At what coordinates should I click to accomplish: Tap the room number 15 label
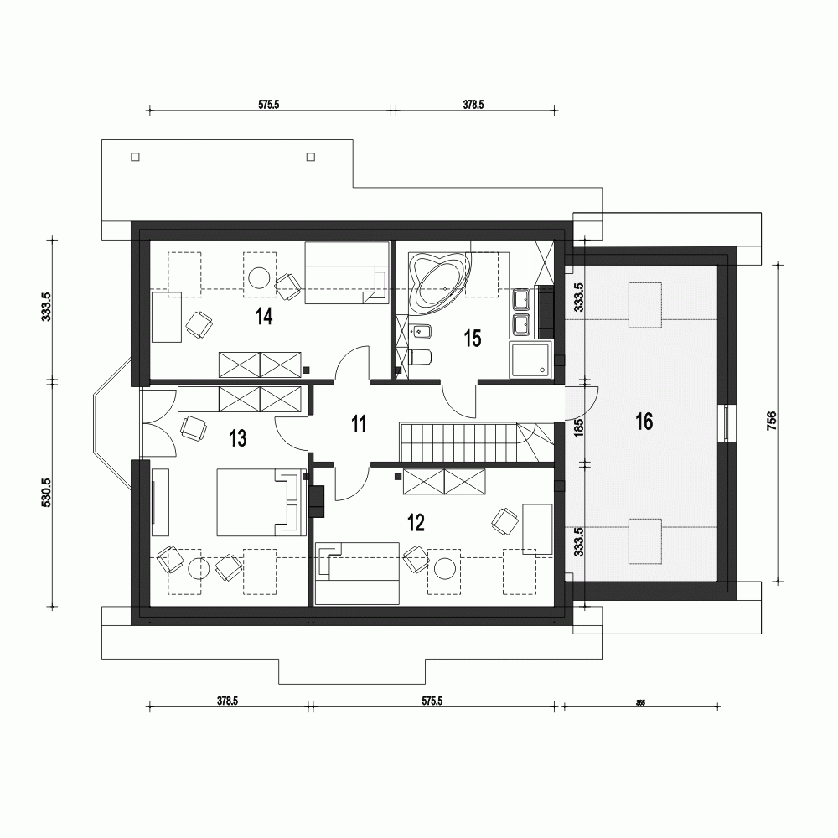tap(472, 339)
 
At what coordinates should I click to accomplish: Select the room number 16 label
tap(644, 422)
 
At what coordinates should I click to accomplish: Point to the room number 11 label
tap(359, 424)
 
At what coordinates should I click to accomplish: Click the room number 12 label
tap(416, 524)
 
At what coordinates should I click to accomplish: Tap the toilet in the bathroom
tap(421, 359)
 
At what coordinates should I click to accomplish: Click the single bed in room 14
tap(346, 273)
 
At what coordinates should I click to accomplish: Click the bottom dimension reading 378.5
tap(227, 702)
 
